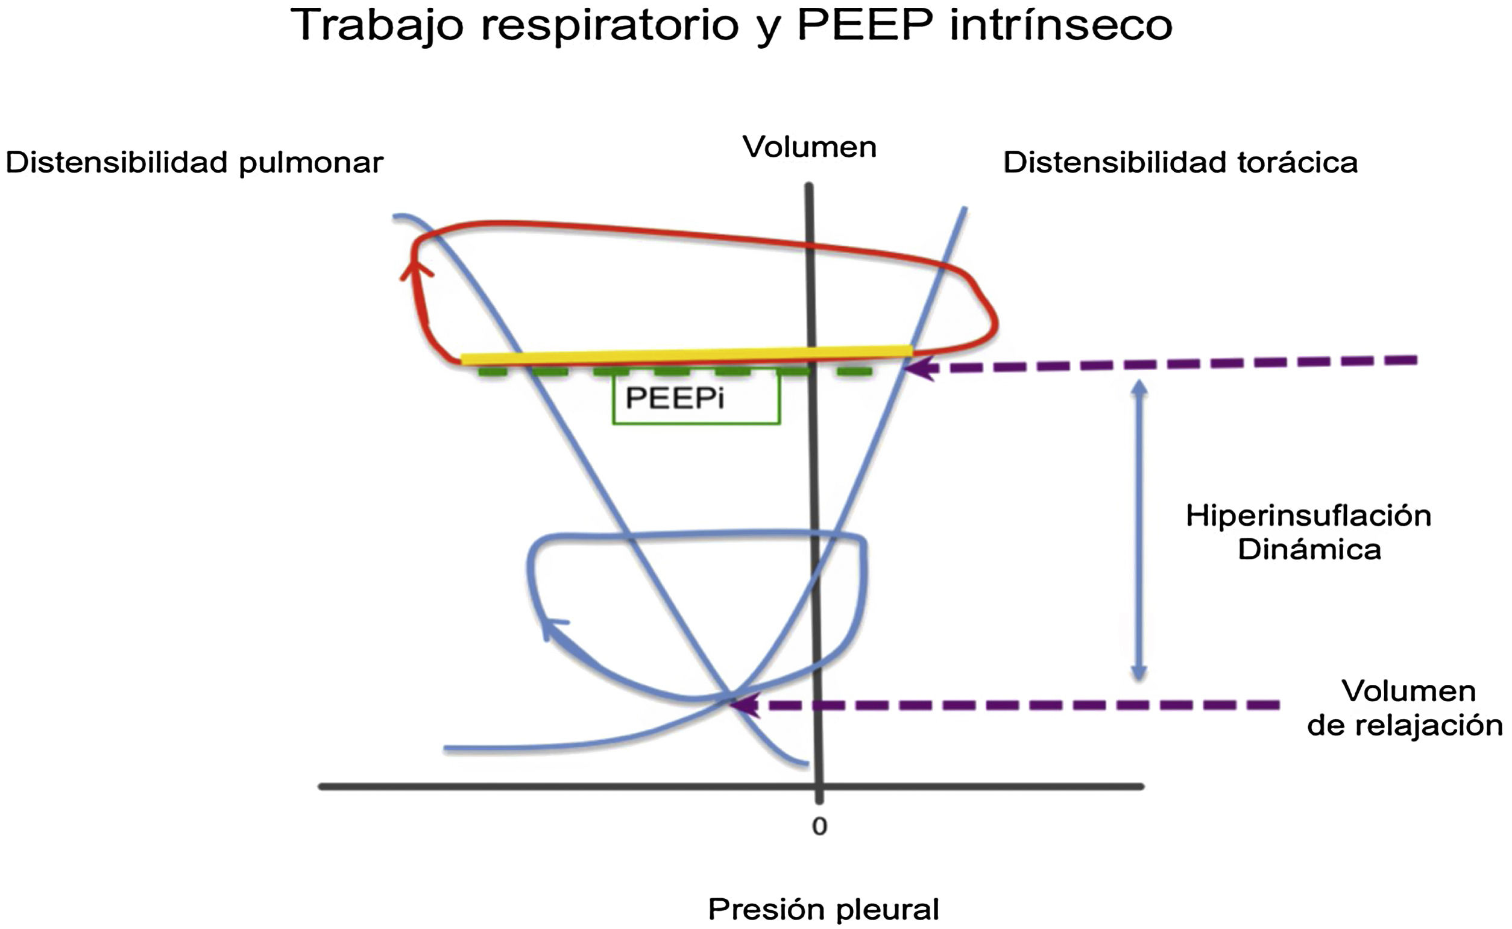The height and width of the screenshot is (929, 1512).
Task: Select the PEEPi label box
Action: [x=696, y=398]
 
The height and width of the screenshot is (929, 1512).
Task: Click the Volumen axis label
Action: [x=809, y=148]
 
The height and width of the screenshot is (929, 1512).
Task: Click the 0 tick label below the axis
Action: [x=819, y=827]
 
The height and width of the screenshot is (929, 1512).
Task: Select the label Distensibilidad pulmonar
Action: [x=194, y=163]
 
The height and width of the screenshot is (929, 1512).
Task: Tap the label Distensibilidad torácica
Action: [x=1180, y=163]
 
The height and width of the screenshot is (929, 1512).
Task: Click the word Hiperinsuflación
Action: [x=1308, y=516]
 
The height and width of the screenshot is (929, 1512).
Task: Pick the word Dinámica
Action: [x=1309, y=549]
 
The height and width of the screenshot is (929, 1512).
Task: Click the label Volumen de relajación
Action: [x=1407, y=708]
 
